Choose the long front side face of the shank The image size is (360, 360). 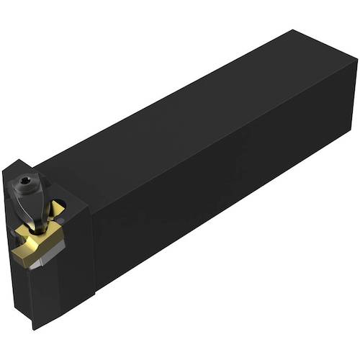216,202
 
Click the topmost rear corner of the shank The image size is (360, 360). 292,31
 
